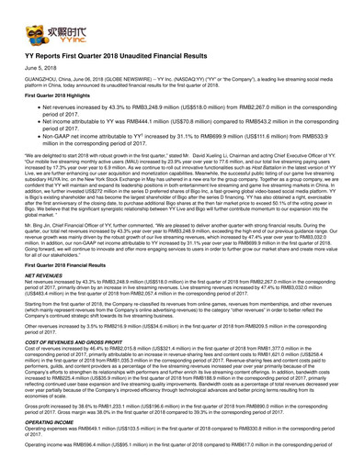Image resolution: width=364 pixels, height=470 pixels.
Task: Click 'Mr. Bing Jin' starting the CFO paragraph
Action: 33,241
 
